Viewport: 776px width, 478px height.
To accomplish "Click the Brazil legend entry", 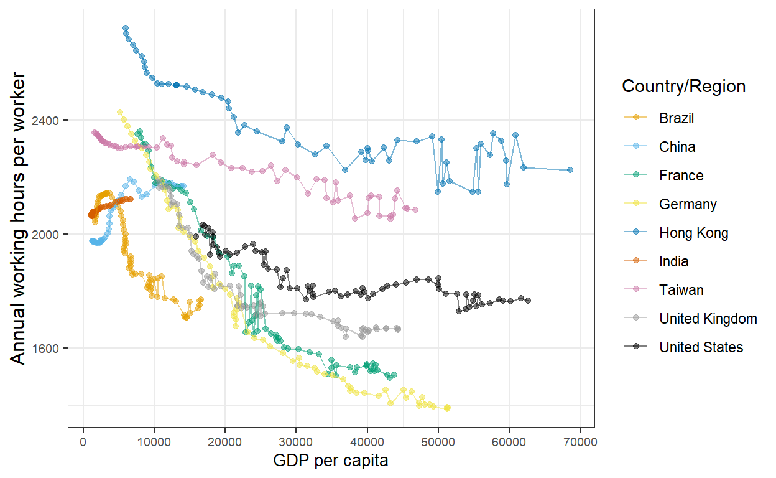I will pyautogui.click(x=677, y=118).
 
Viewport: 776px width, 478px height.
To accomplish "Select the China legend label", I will pyautogui.click(x=677, y=147).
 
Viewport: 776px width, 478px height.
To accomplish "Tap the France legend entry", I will pyautogui.click(x=681, y=176).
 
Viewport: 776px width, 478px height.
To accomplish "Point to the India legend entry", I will pyautogui.click(x=674, y=261).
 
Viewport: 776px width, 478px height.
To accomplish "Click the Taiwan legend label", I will pyautogui.click(x=681, y=290).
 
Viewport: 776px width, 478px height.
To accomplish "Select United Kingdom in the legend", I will pyautogui.click(x=708, y=319).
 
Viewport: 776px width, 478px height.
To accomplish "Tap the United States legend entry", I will pyautogui.click(x=701, y=347).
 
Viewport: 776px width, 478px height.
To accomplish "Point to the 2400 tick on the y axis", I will pyautogui.click(x=51, y=120).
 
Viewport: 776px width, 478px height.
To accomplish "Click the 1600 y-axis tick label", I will pyautogui.click(x=51, y=349).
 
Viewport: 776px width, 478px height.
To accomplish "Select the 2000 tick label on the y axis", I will pyautogui.click(x=51, y=234).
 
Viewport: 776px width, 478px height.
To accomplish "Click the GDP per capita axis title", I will pyautogui.click(x=331, y=461).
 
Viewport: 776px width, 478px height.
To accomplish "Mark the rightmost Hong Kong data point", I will pyautogui.click(x=570, y=170).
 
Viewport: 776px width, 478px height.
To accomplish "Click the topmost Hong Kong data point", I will pyautogui.click(x=126, y=28).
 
